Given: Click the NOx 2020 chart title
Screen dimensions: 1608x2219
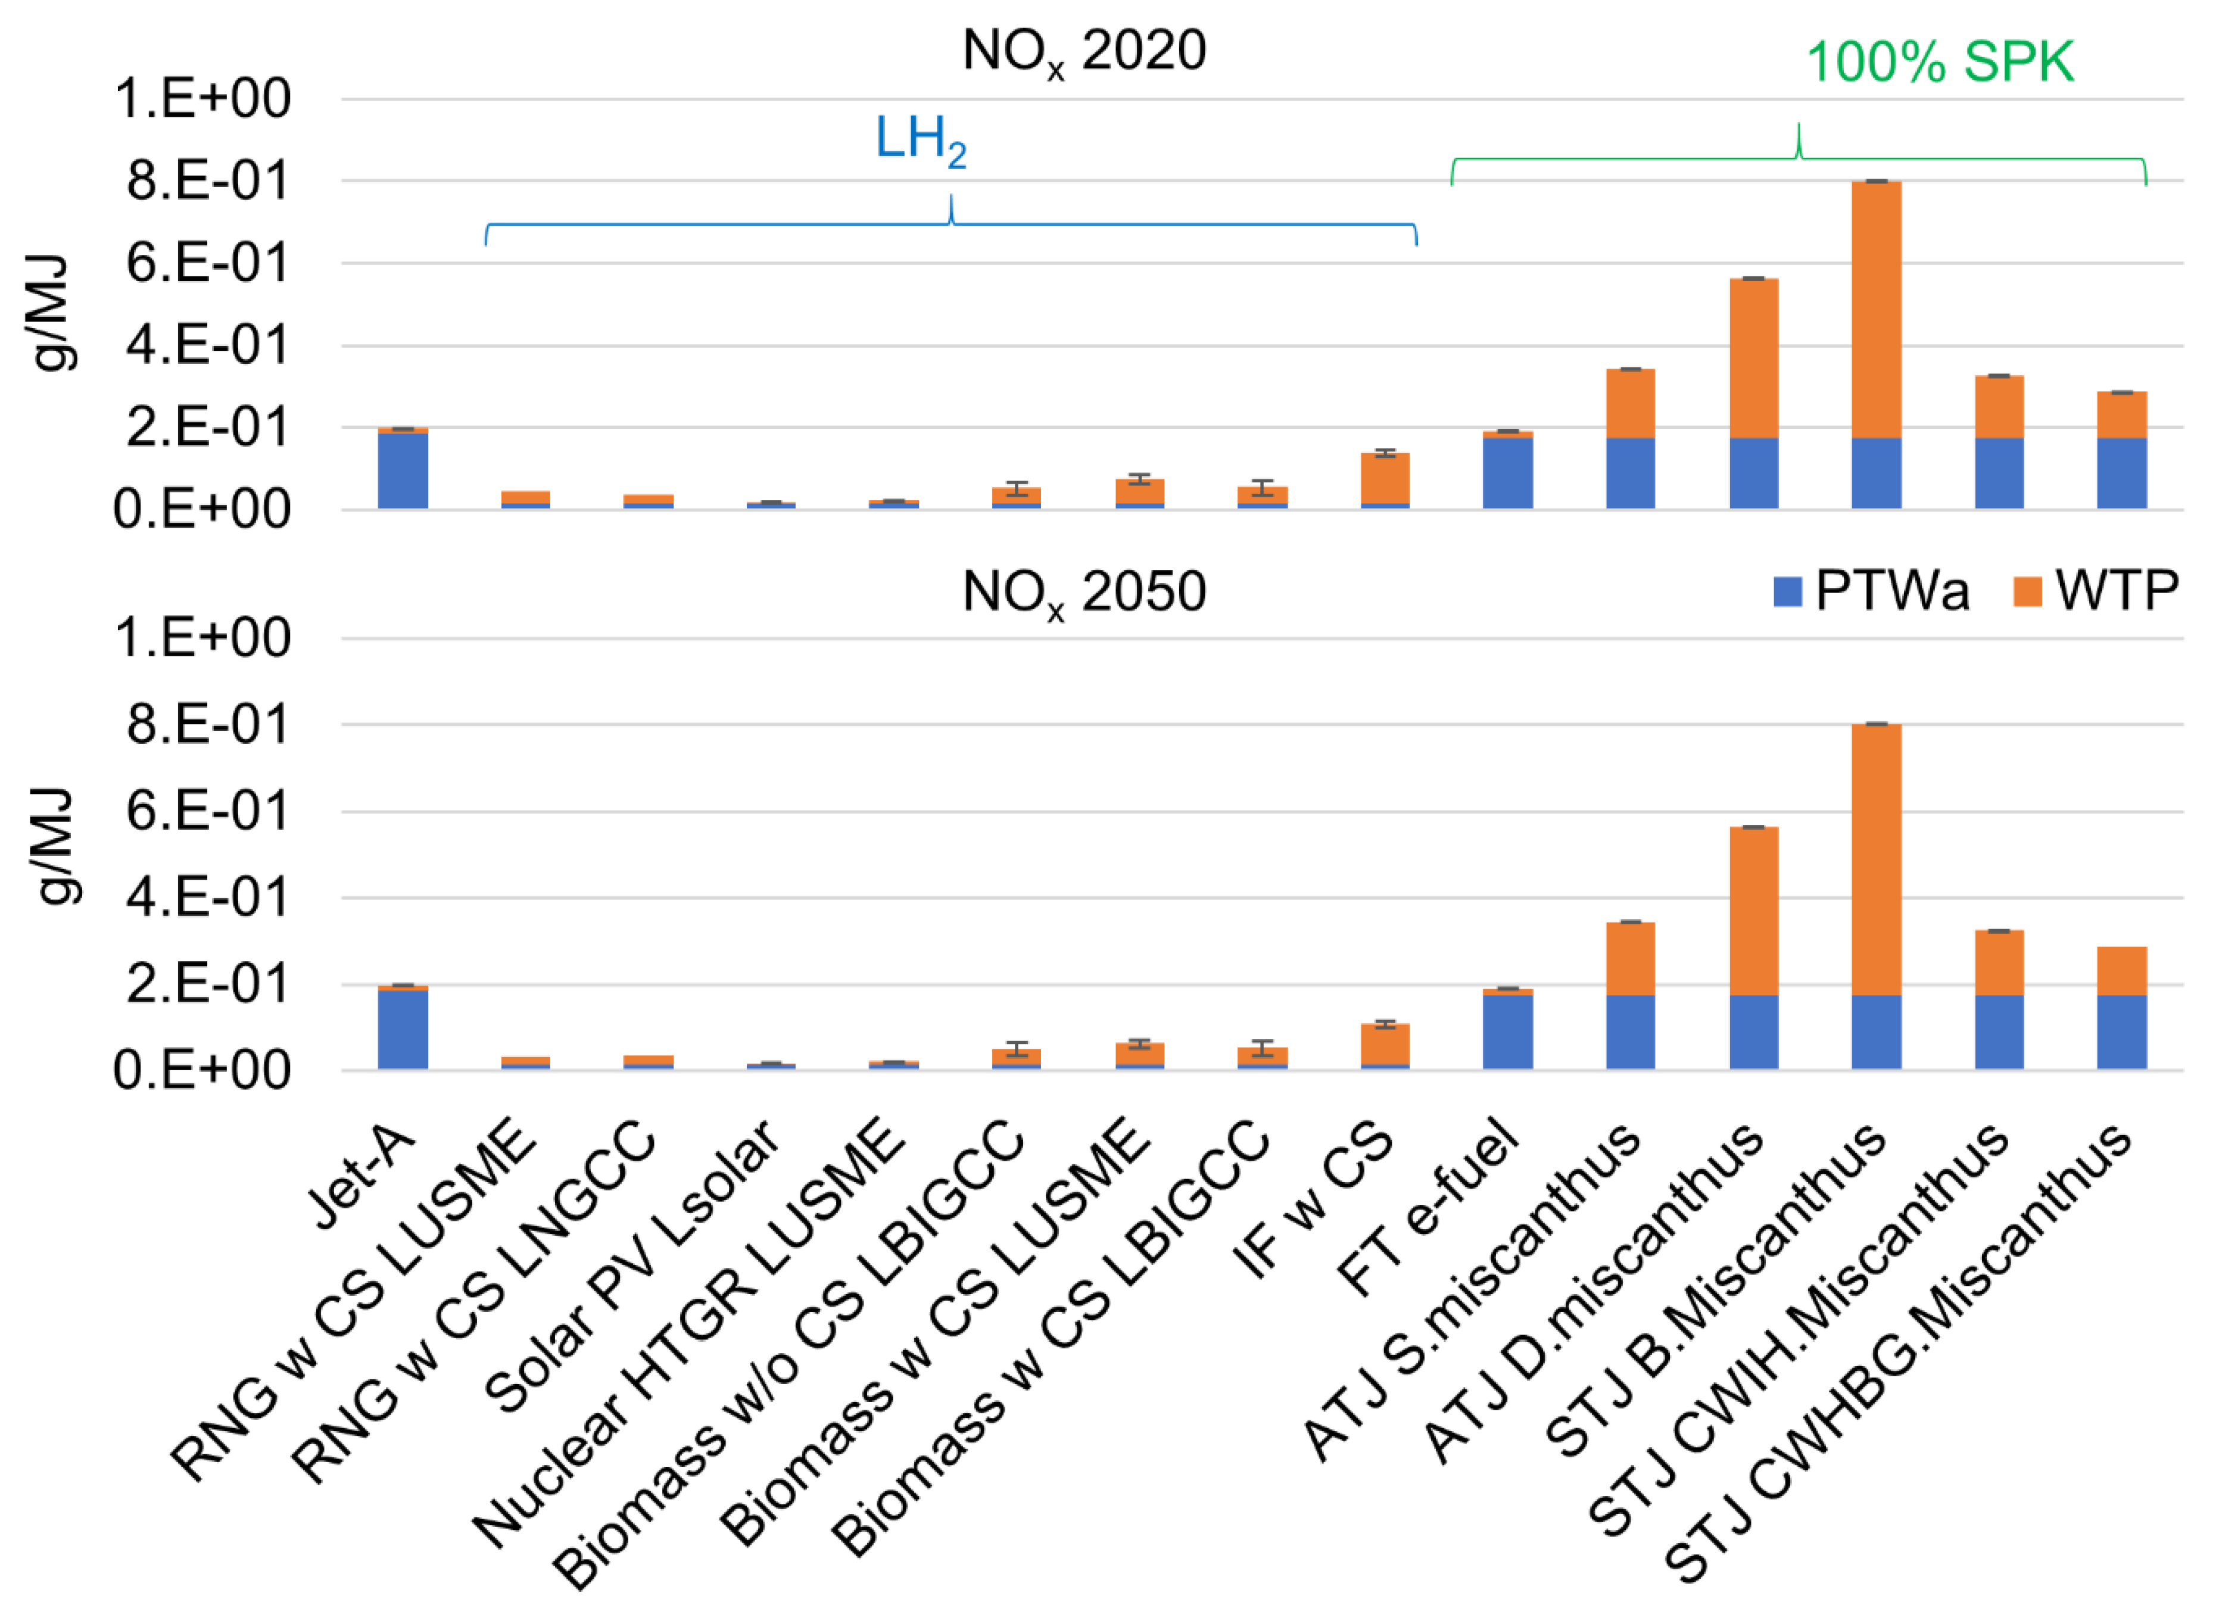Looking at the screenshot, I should [x=1083, y=51].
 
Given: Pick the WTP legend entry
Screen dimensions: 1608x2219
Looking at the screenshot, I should [x=2095, y=591].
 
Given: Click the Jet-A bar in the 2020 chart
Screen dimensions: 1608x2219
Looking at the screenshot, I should [x=403, y=470].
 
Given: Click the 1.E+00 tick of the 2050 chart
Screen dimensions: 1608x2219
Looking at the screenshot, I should [x=202, y=639].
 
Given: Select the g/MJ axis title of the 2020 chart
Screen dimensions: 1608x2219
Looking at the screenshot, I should [x=51, y=313].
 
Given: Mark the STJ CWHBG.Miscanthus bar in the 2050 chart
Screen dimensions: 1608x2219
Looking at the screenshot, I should [x=2121, y=1008].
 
